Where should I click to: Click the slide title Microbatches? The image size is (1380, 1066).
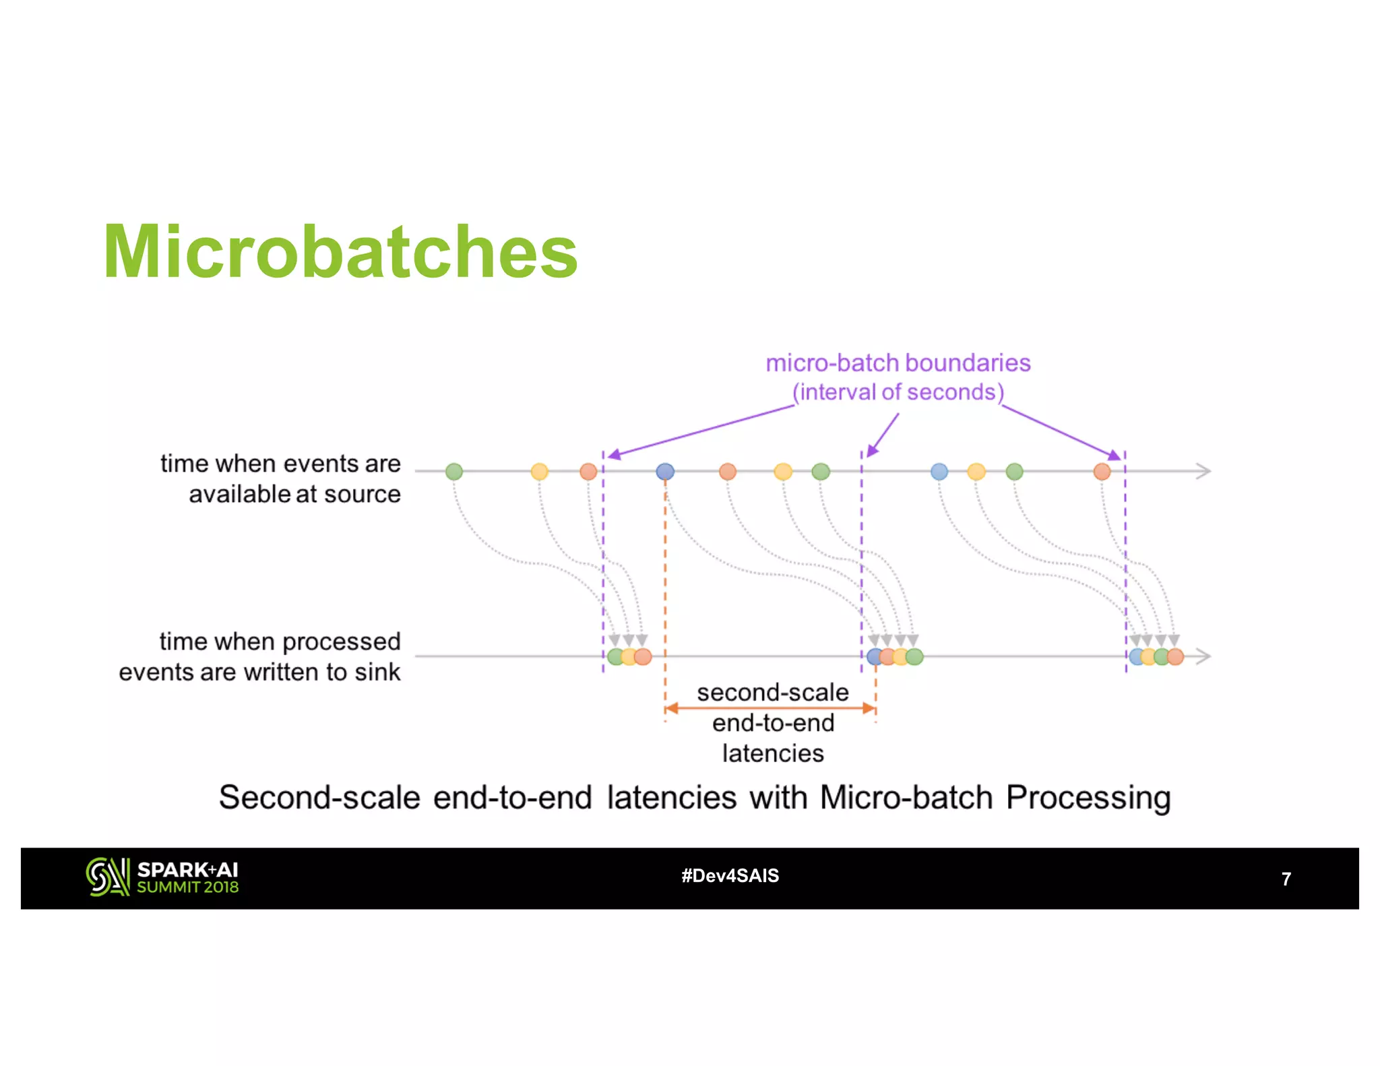click(340, 252)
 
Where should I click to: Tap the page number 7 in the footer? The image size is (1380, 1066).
click(1286, 879)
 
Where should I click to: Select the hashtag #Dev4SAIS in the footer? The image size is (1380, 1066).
click(730, 875)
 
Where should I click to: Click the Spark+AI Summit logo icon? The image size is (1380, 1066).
click(107, 877)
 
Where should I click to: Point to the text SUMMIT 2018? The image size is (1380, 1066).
click(188, 887)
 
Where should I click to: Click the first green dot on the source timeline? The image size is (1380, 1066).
click(454, 471)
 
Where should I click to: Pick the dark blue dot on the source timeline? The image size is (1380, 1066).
click(665, 471)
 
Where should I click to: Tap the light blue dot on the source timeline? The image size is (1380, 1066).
click(939, 471)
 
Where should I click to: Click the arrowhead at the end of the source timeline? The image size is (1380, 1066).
click(1203, 471)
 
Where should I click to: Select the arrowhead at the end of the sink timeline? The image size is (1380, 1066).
click(1203, 656)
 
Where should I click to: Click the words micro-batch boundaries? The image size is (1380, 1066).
click(898, 363)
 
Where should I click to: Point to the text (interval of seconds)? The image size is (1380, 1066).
click(898, 392)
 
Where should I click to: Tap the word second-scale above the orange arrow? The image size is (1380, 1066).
click(772, 693)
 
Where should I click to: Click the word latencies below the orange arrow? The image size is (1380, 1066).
click(772, 753)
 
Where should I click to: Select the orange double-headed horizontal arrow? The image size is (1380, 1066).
click(770, 708)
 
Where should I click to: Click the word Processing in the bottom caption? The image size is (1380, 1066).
click(1088, 798)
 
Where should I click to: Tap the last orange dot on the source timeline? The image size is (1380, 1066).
click(1102, 471)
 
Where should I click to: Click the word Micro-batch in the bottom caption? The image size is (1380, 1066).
click(906, 798)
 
